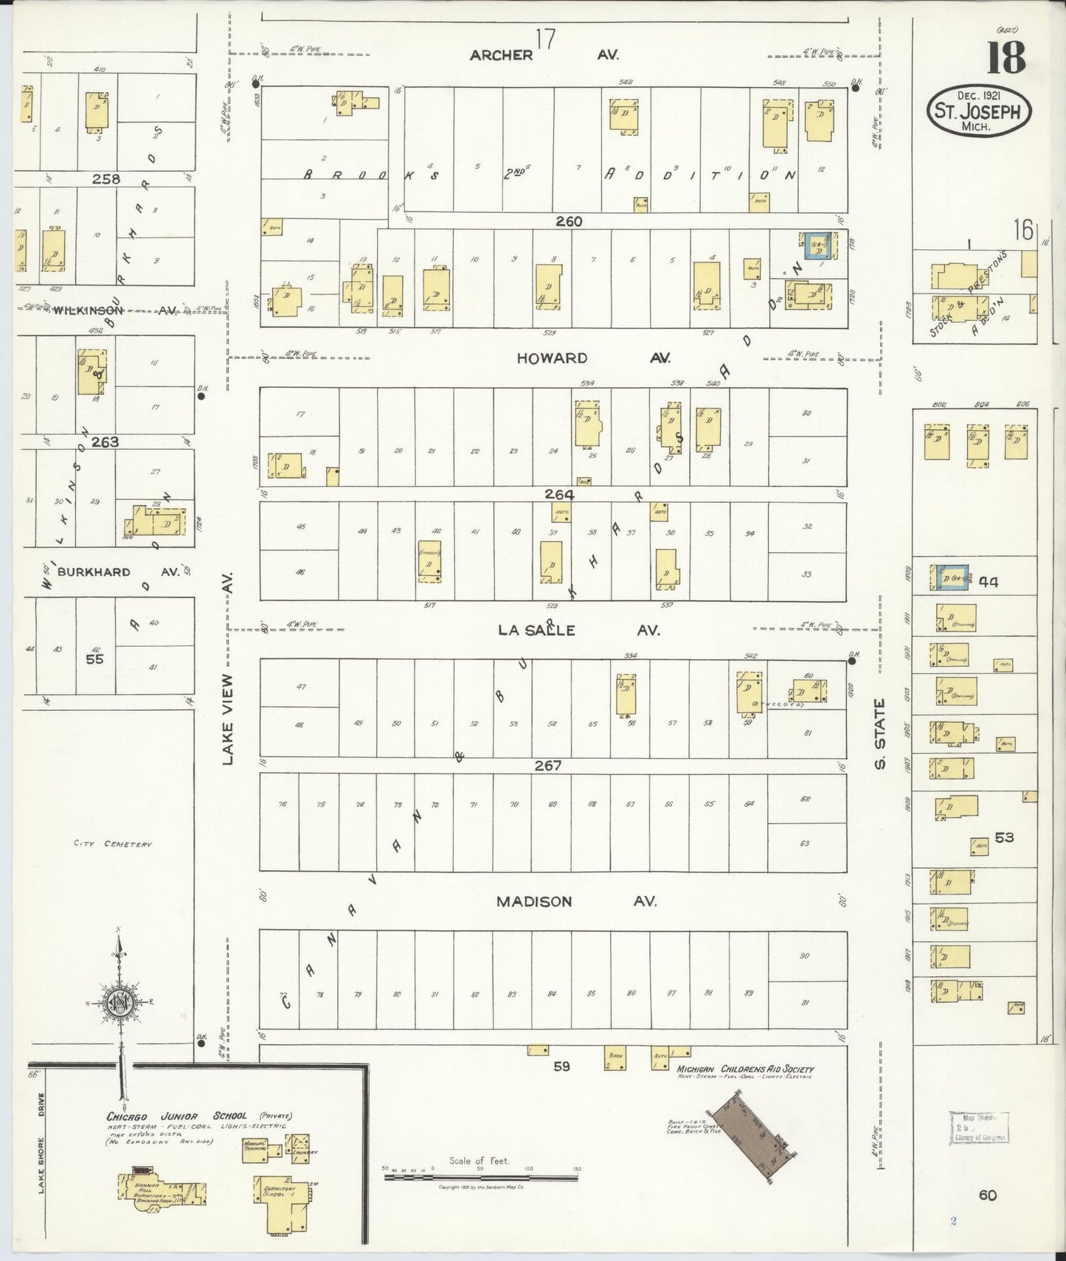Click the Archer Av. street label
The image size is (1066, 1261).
point(544,55)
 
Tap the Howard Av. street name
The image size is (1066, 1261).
point(593,358)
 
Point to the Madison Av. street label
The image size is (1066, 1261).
point(575,901)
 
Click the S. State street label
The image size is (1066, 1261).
point(879,734)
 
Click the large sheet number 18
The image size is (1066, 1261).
point(1006,58)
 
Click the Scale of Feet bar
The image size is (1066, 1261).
point(482,1178)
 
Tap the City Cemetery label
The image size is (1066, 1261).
point(113,844)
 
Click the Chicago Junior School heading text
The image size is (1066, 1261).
point(176,1115)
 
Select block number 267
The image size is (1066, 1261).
point(548,765)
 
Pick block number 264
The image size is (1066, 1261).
point(559,494)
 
